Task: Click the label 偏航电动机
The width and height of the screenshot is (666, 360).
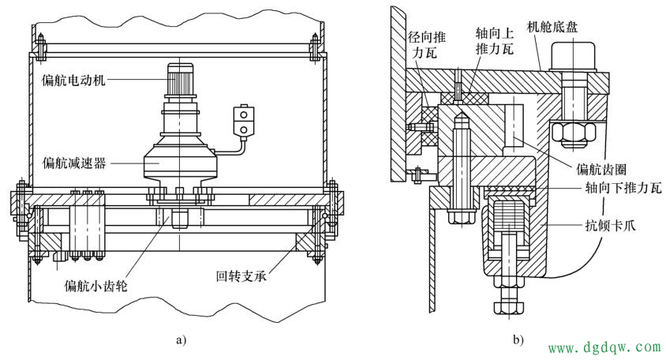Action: coord(73,80)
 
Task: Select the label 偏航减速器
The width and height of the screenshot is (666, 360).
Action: coord(74,163)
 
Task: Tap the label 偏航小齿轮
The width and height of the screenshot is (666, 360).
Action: coord(96,285)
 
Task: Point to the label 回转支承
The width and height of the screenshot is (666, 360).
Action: coord(241,276)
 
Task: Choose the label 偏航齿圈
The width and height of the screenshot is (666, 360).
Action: coord(601,169)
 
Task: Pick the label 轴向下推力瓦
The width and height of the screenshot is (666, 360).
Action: coord(623,188)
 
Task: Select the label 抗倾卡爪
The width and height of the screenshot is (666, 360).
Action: coord(610,225)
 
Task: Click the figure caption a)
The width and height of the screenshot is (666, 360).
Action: coord(181,340)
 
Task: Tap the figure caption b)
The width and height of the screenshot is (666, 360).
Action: coord(518,340)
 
